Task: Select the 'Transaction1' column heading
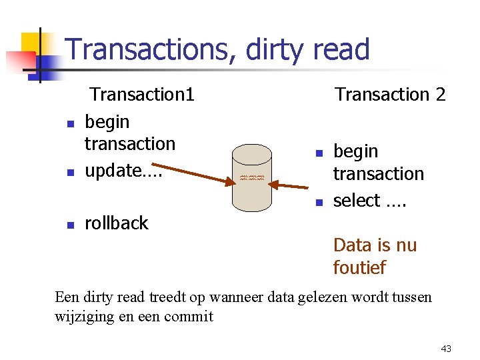click(142, 95)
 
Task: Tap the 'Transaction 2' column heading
click(390, 95)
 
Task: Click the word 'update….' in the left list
click(123, 171)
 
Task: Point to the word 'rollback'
click(117, 223)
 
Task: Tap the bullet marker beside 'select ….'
click(319, 202)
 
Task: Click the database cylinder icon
click(251, 177)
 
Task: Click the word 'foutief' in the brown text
click(359, 268)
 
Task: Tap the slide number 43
click(446, 349)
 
